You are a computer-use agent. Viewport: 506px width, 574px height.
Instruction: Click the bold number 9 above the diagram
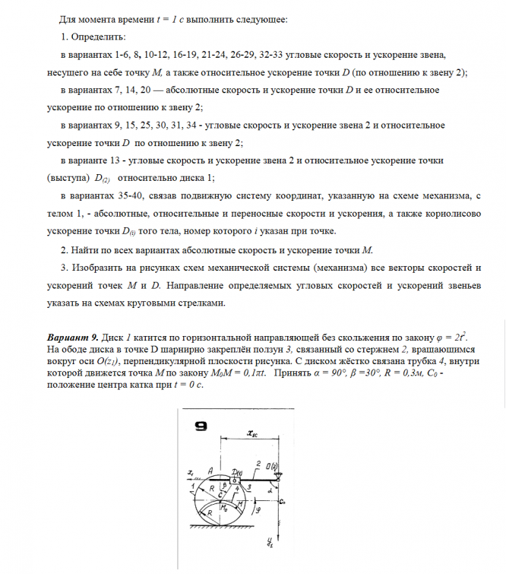click(x=200, y=427)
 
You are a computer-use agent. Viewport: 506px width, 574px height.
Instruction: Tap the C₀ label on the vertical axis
click(x=282, y=503)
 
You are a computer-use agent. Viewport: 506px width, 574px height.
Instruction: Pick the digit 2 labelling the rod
click(x=258, y=464)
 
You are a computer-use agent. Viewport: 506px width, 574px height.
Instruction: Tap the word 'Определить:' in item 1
click(x=98, y=37)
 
